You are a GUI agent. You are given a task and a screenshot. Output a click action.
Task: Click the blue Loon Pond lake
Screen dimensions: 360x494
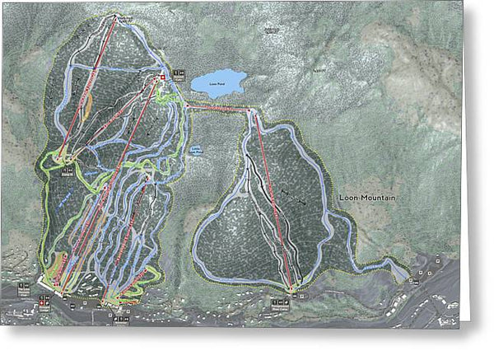(217, 83)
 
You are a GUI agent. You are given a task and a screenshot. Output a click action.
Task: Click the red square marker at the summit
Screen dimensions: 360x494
(162, 77)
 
